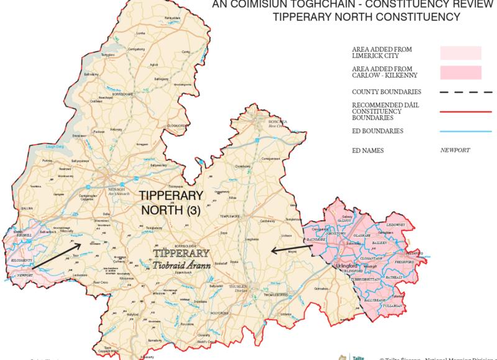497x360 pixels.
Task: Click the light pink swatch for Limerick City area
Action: (x=460, y=53)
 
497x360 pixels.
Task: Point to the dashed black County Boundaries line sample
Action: (x=460, y=91)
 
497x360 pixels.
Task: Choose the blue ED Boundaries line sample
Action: (x=460, y=131)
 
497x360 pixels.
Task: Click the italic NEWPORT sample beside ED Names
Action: (x=454, y=150)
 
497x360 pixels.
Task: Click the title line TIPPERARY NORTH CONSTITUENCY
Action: (x=367, y=16)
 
